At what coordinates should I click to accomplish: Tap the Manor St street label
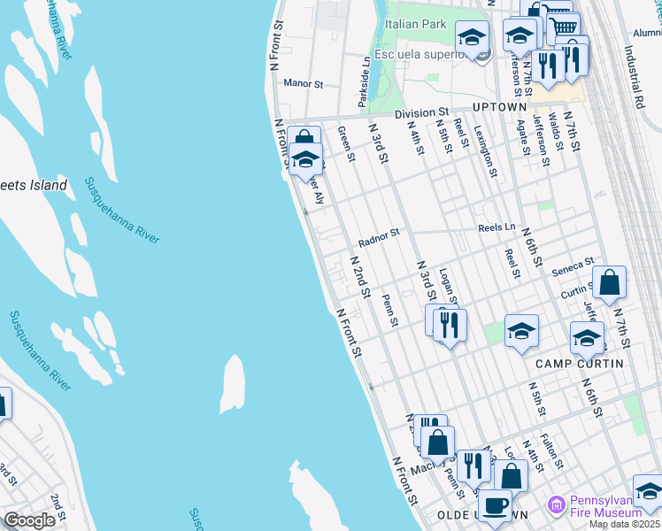coord(304,83)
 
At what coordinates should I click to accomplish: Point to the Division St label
coord(421,113)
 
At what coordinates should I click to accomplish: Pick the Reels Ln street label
coord(496,227)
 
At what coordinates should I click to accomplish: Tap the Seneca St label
coord(573,265)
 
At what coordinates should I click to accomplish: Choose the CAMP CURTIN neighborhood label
coord(579,364)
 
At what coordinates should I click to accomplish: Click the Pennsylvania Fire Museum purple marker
coord(557,504)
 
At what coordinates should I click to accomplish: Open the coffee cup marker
coord(494,505)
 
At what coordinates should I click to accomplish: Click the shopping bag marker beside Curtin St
coord(609,283)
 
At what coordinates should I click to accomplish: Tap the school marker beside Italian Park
coord(473,38)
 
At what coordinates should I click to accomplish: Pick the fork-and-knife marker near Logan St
coord(450,326)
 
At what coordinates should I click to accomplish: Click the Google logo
coord(30,520)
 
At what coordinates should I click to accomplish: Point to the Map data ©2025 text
coord(625,524)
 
